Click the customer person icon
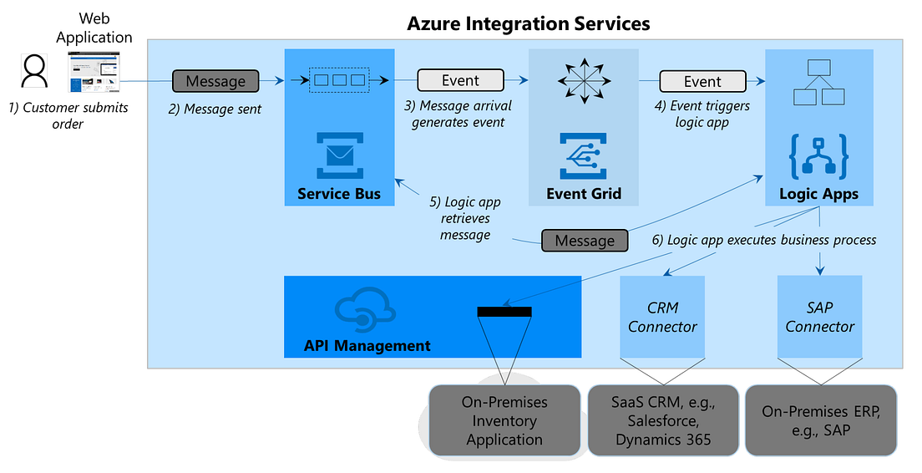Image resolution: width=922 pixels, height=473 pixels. pyautogui.click(x=34, y=71)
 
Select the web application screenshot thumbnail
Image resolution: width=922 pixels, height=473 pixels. pyautogui.click(x=94, y=73)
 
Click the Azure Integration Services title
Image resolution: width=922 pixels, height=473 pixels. pyautogui.click(x=528, y=23)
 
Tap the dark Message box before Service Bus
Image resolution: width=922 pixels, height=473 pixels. pyautogui.click(x=215, y=81)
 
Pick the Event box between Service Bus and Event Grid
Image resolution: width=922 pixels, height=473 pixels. pyautogui.click(x=460, y=80)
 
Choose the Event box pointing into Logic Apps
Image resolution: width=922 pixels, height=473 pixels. pyautogui.click(x=702, y=81)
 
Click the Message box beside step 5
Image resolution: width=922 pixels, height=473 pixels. pyautogui.click(x=585, y=240)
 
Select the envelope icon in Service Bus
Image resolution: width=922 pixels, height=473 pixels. pyautogui.click(x=338, y=155)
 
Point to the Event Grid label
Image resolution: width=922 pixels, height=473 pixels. pyautogui.click(x=584, y=194)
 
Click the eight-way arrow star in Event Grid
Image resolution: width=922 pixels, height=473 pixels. pyautogui.click(x=584, y=82)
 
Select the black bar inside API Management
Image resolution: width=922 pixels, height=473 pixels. pyautogui.click(x=504, y=312)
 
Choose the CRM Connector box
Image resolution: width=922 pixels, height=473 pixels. pyautogui.click(x=662, y=317)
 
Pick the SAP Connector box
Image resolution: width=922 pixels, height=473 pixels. pyautogui.click(x=819, y=317)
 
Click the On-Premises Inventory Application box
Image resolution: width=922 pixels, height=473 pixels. pyautogui.click(x=504, y=420)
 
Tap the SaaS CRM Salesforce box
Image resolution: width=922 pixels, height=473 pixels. pyautogui.click(x=663, y=420)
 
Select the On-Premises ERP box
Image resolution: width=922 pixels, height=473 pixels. pyautogui.click(x=820, y=420)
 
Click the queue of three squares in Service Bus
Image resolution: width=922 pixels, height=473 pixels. pyautogui.click(x=338, y=80)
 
